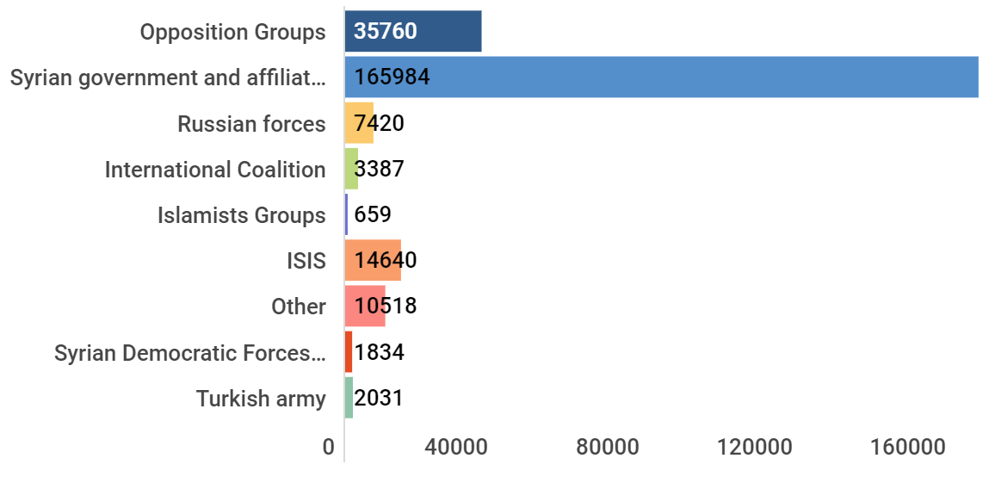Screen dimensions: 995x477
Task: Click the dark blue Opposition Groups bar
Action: point(413,31)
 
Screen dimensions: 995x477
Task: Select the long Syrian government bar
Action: point(662,77)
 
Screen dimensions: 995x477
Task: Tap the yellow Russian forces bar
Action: point(359,122)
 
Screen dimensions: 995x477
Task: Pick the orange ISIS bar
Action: point(374,260)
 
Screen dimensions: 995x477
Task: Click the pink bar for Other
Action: point(365,306)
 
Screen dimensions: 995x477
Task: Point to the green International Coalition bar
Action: point(351,168)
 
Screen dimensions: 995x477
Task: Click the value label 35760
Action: point(386,31)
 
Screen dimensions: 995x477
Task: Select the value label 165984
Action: point(392,77)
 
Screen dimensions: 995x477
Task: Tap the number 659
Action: point(373,214)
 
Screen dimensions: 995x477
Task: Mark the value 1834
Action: point(379,351)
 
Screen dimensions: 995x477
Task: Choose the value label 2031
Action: point(379,398)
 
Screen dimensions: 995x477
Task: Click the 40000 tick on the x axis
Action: point(455,447)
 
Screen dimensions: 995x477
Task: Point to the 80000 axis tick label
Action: point(608,447)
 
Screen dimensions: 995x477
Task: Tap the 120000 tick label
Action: point(755,447)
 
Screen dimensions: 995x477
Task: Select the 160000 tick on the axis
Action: point(909,447)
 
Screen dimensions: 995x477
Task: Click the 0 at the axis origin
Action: point(328,447)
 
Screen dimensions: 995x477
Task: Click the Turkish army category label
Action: point(261,399)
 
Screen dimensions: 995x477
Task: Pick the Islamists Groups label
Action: point(242,215)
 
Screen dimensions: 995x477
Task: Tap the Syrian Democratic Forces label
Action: point(190,352)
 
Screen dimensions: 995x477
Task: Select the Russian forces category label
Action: point(251,123)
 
